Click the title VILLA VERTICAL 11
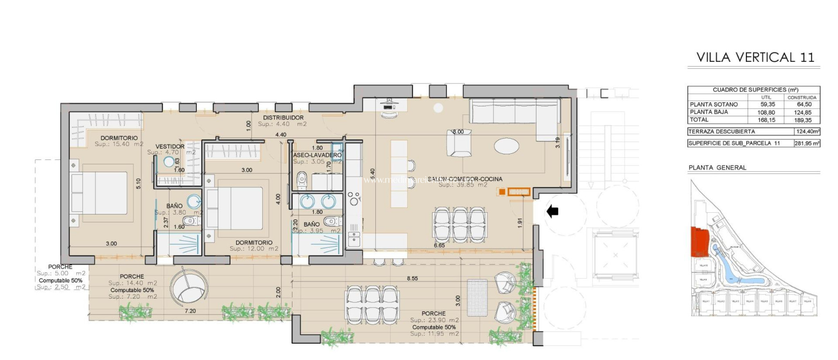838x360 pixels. pos(755,57)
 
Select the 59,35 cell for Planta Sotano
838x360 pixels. pos(767,104)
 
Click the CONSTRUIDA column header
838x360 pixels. pos(802,97)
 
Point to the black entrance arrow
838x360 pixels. pos(552,211)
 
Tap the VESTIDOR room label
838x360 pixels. pos(170,146)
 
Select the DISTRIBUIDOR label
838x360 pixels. pos(283,118)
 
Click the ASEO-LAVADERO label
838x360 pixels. pos(317,155)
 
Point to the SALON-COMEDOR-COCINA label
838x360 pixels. pos(465,179)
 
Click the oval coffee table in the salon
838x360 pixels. pos(507,146)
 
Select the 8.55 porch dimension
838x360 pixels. pos(412,278)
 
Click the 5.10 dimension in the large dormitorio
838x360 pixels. pos(138,183)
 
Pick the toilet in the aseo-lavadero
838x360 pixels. pos(302,179)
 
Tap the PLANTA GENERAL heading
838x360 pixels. pos(717,168)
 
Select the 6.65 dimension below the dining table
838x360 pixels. pos(439,245)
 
